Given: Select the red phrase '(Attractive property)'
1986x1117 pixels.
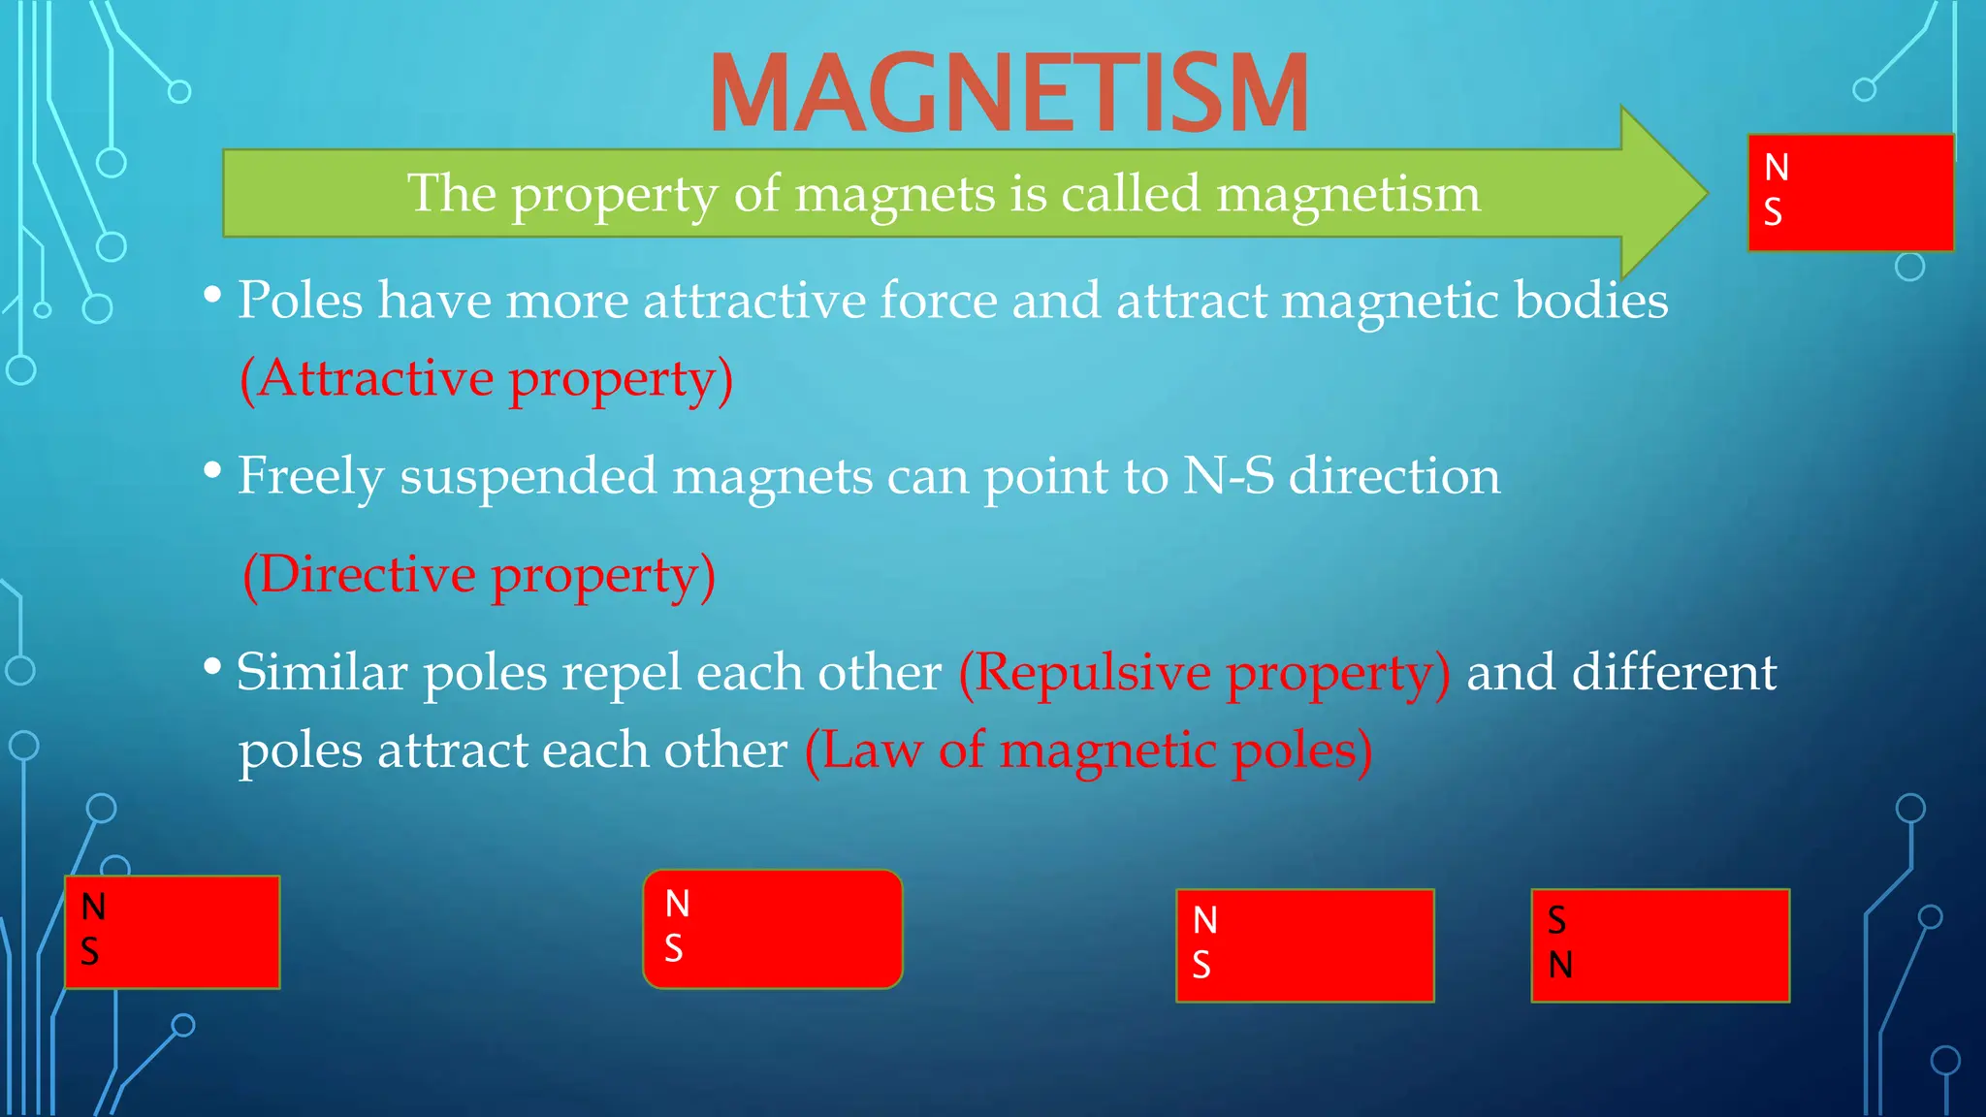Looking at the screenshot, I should pyautogui.click(x=487, y=378).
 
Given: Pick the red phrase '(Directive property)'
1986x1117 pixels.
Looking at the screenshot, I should pyautogui.click(x=479, y=575).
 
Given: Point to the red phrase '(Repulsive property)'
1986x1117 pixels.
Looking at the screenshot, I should pyautogui.click(x=1204, y=672).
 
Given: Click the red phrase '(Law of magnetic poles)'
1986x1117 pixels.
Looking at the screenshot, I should pyautogui.click(x=1088, y=750).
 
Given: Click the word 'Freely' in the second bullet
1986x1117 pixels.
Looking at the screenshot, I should pyautogui.click(x=311, y=476).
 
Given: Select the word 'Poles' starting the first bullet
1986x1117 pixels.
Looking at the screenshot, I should pyautogui.click(x=301, y=300).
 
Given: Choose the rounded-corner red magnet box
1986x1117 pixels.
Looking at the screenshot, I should pyautogui.click(x=773, y=929).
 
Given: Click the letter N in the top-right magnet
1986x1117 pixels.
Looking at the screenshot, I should pyautogui.click(x=1777, y=168).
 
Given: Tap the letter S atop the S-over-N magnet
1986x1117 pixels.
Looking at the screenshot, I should pyautogui.click(x=1557, y=920).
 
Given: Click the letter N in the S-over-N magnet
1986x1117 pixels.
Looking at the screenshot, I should pyautogui.click(x=1560, y=965).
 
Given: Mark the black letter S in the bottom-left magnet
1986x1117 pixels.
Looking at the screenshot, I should pyautogui.click(x=90, y=951).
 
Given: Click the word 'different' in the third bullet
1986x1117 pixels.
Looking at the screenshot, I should pyautogui.click(x=1674, y=672).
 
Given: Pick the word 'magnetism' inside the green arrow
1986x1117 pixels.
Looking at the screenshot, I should pyautogui.click(x=1348, y=193).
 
